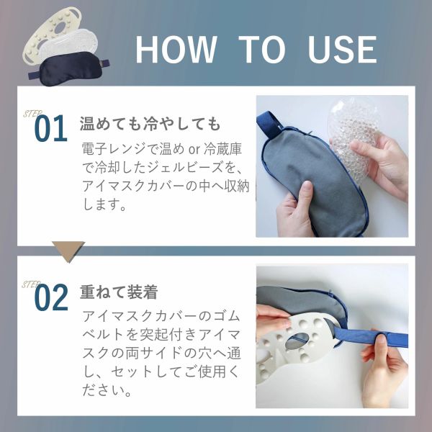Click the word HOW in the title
tap(175, 49)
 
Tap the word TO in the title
tap(261, 49)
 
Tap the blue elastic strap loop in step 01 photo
tap(274, 127)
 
